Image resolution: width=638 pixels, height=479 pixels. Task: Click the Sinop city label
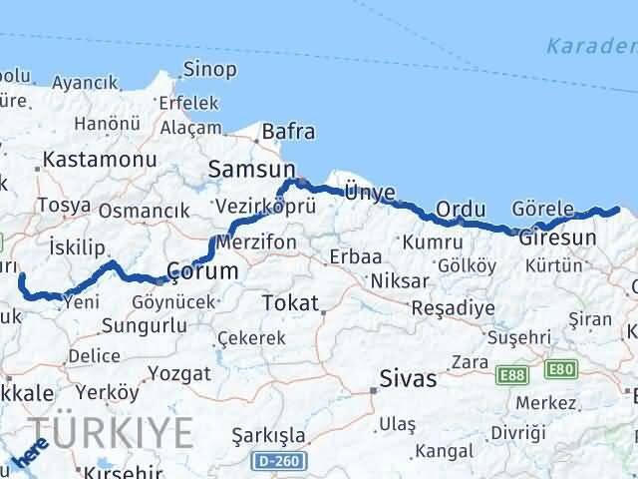point(209,70)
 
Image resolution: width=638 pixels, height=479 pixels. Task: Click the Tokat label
point(290,303)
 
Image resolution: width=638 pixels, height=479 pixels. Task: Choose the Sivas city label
point(408,379)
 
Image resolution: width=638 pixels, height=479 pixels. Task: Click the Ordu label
point(461,210)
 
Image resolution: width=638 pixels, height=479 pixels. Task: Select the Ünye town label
point(369,192)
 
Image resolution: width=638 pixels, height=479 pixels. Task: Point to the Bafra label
point(288,132)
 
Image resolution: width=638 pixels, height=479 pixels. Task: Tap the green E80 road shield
point(560,370)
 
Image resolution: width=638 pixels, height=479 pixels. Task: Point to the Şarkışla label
point(268,436)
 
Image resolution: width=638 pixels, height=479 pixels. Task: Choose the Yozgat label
point(178,373)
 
